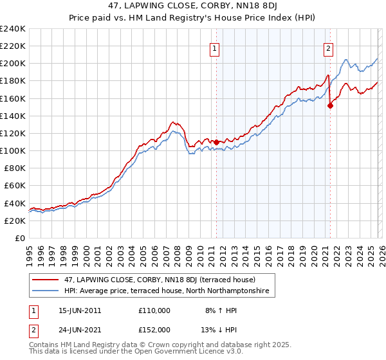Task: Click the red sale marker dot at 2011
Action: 216,141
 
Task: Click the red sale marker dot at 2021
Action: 330,106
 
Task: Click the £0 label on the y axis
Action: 19,238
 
